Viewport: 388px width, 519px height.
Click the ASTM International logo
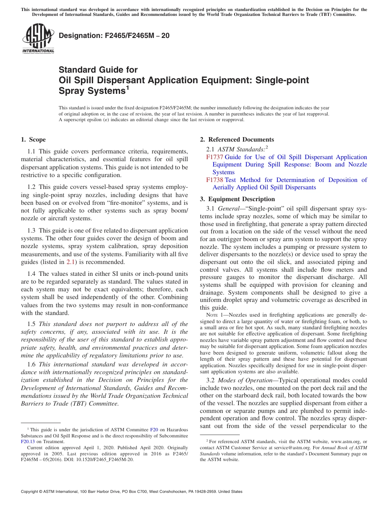coord(38,38)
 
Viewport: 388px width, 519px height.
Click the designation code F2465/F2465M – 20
coord(114,35)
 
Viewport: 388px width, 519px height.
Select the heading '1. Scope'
coord(33,140)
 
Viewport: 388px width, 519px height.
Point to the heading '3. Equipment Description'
coord(237,199)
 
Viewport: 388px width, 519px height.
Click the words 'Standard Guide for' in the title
coord(98,70)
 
